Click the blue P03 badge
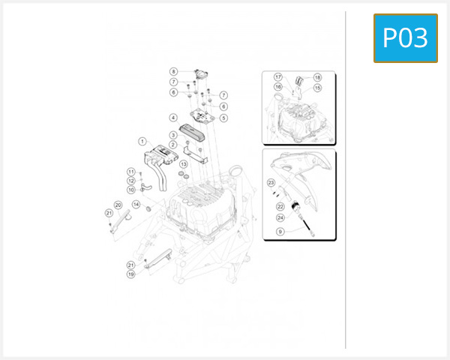click(405, 38)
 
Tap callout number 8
click(173, 72)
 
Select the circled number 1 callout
click(141, 141)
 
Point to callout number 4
click(173, 118)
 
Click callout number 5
click(223, 118)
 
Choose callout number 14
click(136, 204)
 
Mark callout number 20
click(118, 205)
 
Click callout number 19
click(130, 274)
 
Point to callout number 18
click(317, 77)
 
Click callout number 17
click(277, 77)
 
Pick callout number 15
click(317, 88)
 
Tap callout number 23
click(271, 182)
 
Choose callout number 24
click(280, 218)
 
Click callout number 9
click(280, 232)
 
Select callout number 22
click(280, 206)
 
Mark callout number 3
click(173, 135)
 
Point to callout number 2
click(173, 144)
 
